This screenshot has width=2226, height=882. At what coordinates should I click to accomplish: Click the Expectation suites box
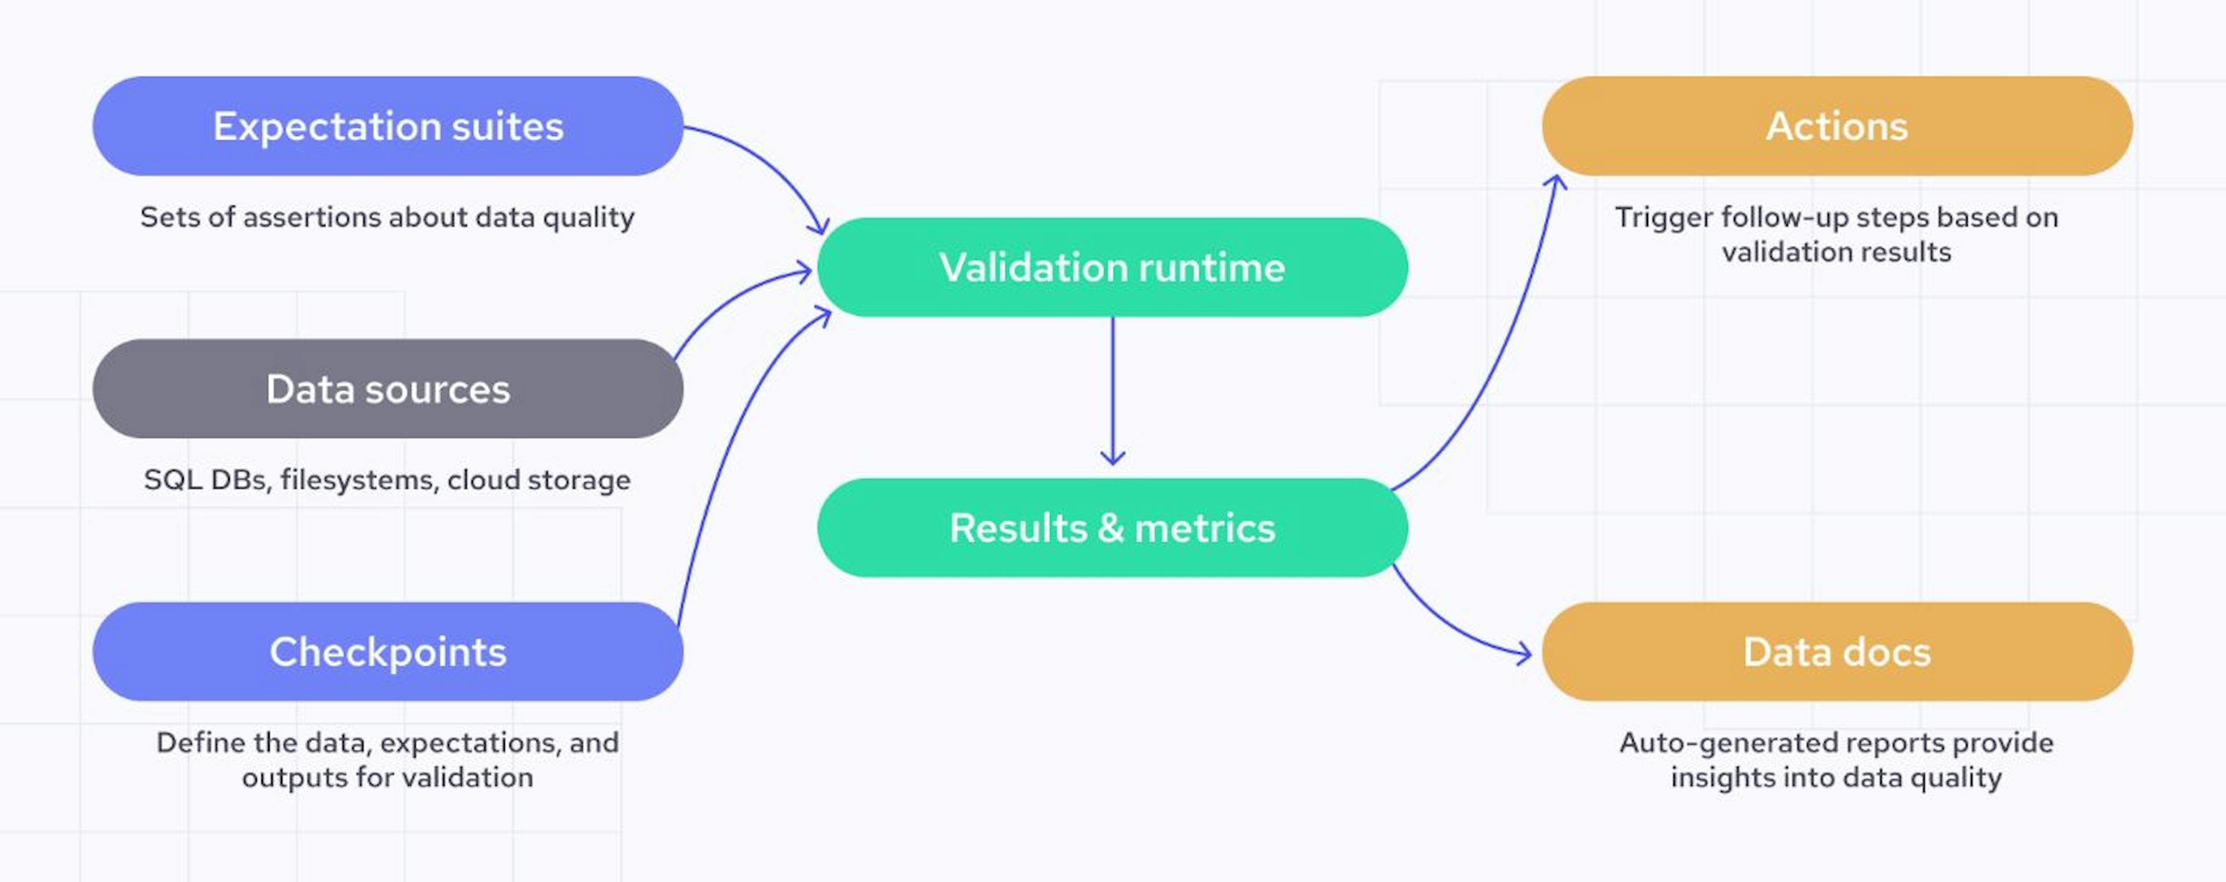[387, 126]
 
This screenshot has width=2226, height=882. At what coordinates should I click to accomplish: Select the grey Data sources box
[387, 389]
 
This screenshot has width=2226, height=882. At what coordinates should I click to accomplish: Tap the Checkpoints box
[387, 651]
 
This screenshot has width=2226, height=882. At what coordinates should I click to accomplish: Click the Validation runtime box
[1112, 267]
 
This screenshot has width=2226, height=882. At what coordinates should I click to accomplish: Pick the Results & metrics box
[1112, 528]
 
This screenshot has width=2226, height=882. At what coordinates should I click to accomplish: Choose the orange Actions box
[1837, 126]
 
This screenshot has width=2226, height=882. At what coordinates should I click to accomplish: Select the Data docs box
[1837, 651]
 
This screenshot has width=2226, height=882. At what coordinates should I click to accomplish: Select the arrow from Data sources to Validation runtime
[734, 298]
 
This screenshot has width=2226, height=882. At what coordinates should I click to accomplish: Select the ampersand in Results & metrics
[1111, 528]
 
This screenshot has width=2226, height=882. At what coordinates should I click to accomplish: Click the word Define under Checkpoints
[199, 743]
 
